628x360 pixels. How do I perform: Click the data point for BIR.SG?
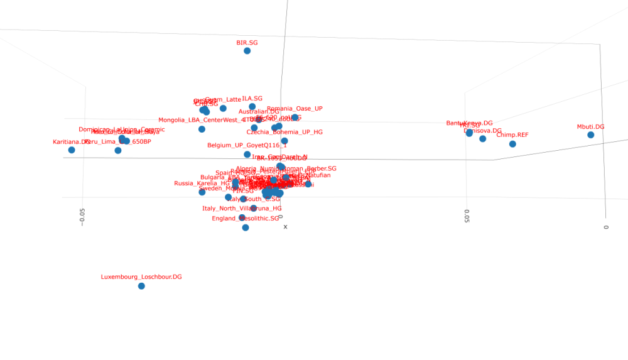click(x=247, y=51)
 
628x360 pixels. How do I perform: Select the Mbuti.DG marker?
click(x=590, y=135)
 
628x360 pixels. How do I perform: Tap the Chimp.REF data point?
click(x=512, y=144)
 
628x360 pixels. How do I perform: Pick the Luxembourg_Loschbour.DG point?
click(x=141, y=286)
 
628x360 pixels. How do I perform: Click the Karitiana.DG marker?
click(x=72, y=150)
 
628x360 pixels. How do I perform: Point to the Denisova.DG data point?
click(x=482, y=139)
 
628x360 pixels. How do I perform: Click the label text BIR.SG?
click(x=247, y=43)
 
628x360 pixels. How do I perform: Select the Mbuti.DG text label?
click(x=590, y=127)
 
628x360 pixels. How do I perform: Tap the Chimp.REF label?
click(x=512, y=135)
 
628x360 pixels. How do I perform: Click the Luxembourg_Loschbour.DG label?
click(x=141, y=277)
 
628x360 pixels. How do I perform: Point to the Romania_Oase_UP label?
click(x=295, y=109)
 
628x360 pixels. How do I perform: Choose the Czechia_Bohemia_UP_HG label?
click(x=284, y=133)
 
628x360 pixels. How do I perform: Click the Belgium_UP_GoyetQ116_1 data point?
click(x=247, y=155)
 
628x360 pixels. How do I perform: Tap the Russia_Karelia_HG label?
click(x=202, y=183)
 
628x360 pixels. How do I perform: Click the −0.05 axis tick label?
click(x=82, y=215)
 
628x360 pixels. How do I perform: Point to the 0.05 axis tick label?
click(x=466, y=215)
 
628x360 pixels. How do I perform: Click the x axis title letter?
click(x=285, y=227)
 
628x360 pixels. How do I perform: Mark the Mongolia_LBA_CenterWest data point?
click(x=202, y=129)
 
